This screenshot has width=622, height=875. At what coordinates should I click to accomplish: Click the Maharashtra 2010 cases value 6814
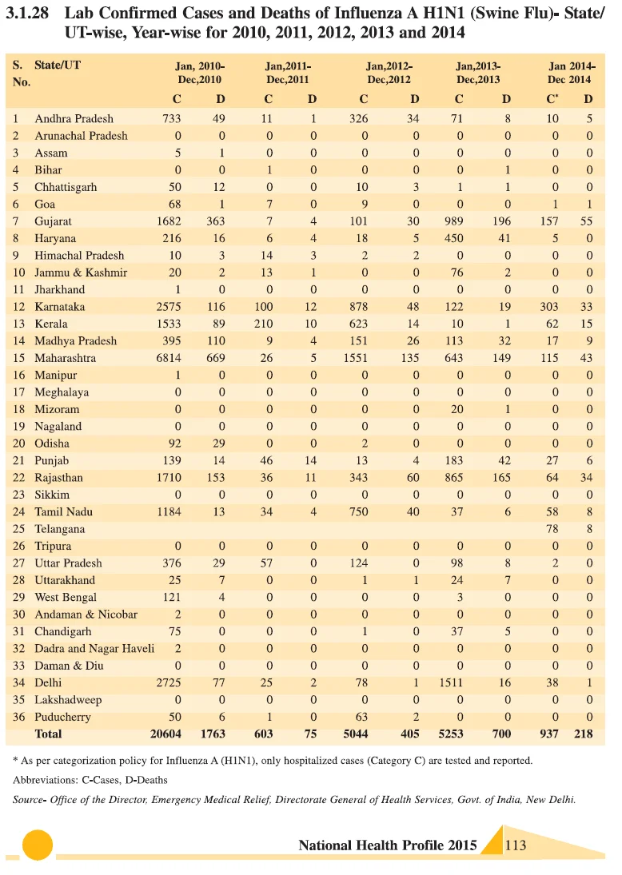169,358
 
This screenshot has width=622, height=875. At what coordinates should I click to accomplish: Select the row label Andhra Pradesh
74,119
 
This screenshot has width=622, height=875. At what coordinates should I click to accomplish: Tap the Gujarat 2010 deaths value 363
216,221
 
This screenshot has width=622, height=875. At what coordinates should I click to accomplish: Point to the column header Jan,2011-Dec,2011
288,73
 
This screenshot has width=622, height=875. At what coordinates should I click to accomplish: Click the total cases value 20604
165,734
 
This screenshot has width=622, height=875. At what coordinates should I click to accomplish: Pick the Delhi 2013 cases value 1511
451,683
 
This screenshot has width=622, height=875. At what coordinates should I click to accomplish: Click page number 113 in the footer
516,845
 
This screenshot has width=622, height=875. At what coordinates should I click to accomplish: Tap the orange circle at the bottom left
38,845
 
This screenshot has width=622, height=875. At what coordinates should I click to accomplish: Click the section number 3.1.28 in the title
27,14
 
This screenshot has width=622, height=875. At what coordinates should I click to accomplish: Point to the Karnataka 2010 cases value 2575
169,307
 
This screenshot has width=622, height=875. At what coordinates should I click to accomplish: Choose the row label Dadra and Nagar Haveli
94,649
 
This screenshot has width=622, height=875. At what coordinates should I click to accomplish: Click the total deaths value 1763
213,734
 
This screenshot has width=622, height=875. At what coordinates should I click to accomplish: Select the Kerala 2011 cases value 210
264,324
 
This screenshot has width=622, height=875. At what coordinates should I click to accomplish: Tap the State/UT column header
58,66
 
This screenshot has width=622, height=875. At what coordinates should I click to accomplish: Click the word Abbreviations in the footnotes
45,780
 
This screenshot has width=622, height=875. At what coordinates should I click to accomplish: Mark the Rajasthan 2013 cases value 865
454,478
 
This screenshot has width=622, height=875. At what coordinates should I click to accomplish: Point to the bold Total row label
49,734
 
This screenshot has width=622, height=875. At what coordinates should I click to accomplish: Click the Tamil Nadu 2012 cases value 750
358,512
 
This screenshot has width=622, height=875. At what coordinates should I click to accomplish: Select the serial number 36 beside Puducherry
19,717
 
